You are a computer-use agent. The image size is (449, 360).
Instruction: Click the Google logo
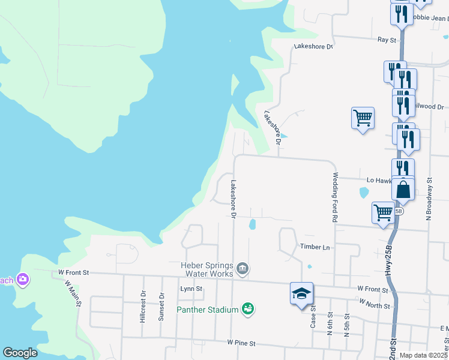coord(20,353)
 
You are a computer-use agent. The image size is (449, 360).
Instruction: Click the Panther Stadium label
coord(208,310)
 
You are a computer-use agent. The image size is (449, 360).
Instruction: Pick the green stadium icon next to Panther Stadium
coord(248,309)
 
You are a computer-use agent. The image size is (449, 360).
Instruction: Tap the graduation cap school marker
coord(301,293)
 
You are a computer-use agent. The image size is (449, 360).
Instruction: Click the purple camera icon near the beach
coord(23,279)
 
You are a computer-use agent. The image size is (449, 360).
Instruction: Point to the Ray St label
coord(387,40)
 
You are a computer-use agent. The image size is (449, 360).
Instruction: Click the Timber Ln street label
coord(315,247)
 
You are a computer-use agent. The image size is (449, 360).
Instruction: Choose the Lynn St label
coord(191,289)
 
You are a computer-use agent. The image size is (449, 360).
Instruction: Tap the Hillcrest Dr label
coord(143,307)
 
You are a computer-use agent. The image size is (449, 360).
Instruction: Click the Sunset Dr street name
coord(161,307)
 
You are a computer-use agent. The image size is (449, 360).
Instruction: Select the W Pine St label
coord(241,343)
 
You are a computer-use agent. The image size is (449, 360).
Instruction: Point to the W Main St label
coord(75,293)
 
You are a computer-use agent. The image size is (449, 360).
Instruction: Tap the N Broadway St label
coord(429,198)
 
